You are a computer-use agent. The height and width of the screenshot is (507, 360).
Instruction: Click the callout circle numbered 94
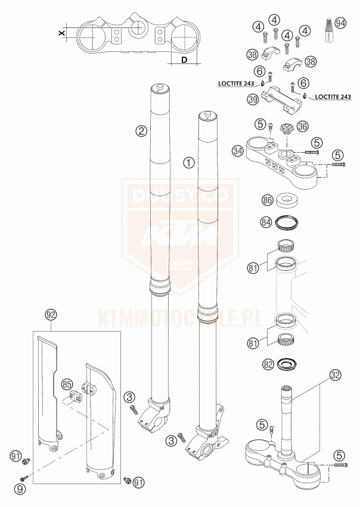[340, 23]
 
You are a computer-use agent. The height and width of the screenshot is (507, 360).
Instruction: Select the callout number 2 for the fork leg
[141, 131]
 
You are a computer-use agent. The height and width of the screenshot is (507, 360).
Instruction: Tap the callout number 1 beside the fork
[188, 161]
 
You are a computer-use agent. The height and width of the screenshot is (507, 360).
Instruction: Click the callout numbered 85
[67, 385]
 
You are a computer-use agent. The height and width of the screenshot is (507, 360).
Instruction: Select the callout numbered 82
[269, 363]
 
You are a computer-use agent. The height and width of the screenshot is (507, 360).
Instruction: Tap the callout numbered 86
[267, 200]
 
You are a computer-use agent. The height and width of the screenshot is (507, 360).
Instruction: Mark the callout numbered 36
[302, 126]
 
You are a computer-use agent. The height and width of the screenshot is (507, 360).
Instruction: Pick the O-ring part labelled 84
[287, 222]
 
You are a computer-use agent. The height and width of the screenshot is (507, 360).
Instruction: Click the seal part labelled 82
[290, 363]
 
